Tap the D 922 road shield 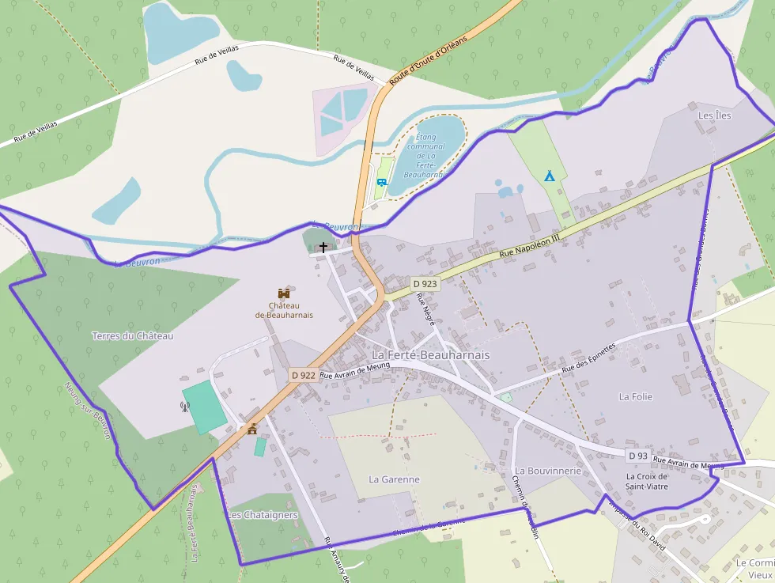point(303,376)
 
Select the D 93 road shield point(638,456)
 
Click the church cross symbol point(323,248)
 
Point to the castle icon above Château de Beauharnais point(284,293)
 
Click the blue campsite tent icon point(549,176)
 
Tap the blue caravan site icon point(382,183)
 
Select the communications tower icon point(185,407)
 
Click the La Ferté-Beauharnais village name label point(430,355)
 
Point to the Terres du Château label point(132,335)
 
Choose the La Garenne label point(394,479)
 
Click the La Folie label point(636,396)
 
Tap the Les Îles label point(714,115)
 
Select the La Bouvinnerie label point(548,471)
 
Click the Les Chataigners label point(263,515)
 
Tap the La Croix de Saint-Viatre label point(647,481)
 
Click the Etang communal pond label point(425,155)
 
